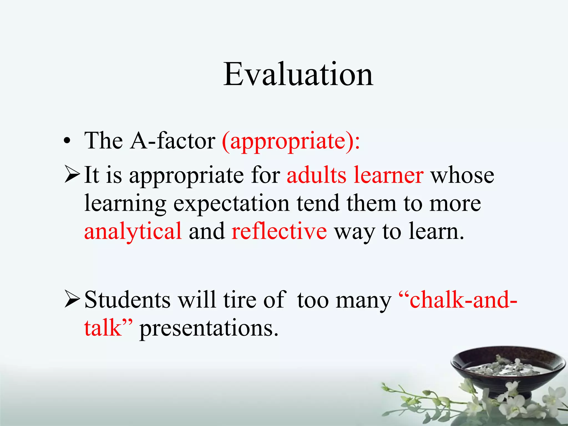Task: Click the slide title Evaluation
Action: pos(298,74)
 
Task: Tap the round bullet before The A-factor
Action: pos(67,141)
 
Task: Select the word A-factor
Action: pos(173,141)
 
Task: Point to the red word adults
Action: pos(316,175)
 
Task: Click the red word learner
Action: pos(388,175)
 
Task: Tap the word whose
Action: pos(462,176)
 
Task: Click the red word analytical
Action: pos(133,232)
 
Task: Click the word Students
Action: pos(127,300)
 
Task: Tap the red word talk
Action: pos(103,328)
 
